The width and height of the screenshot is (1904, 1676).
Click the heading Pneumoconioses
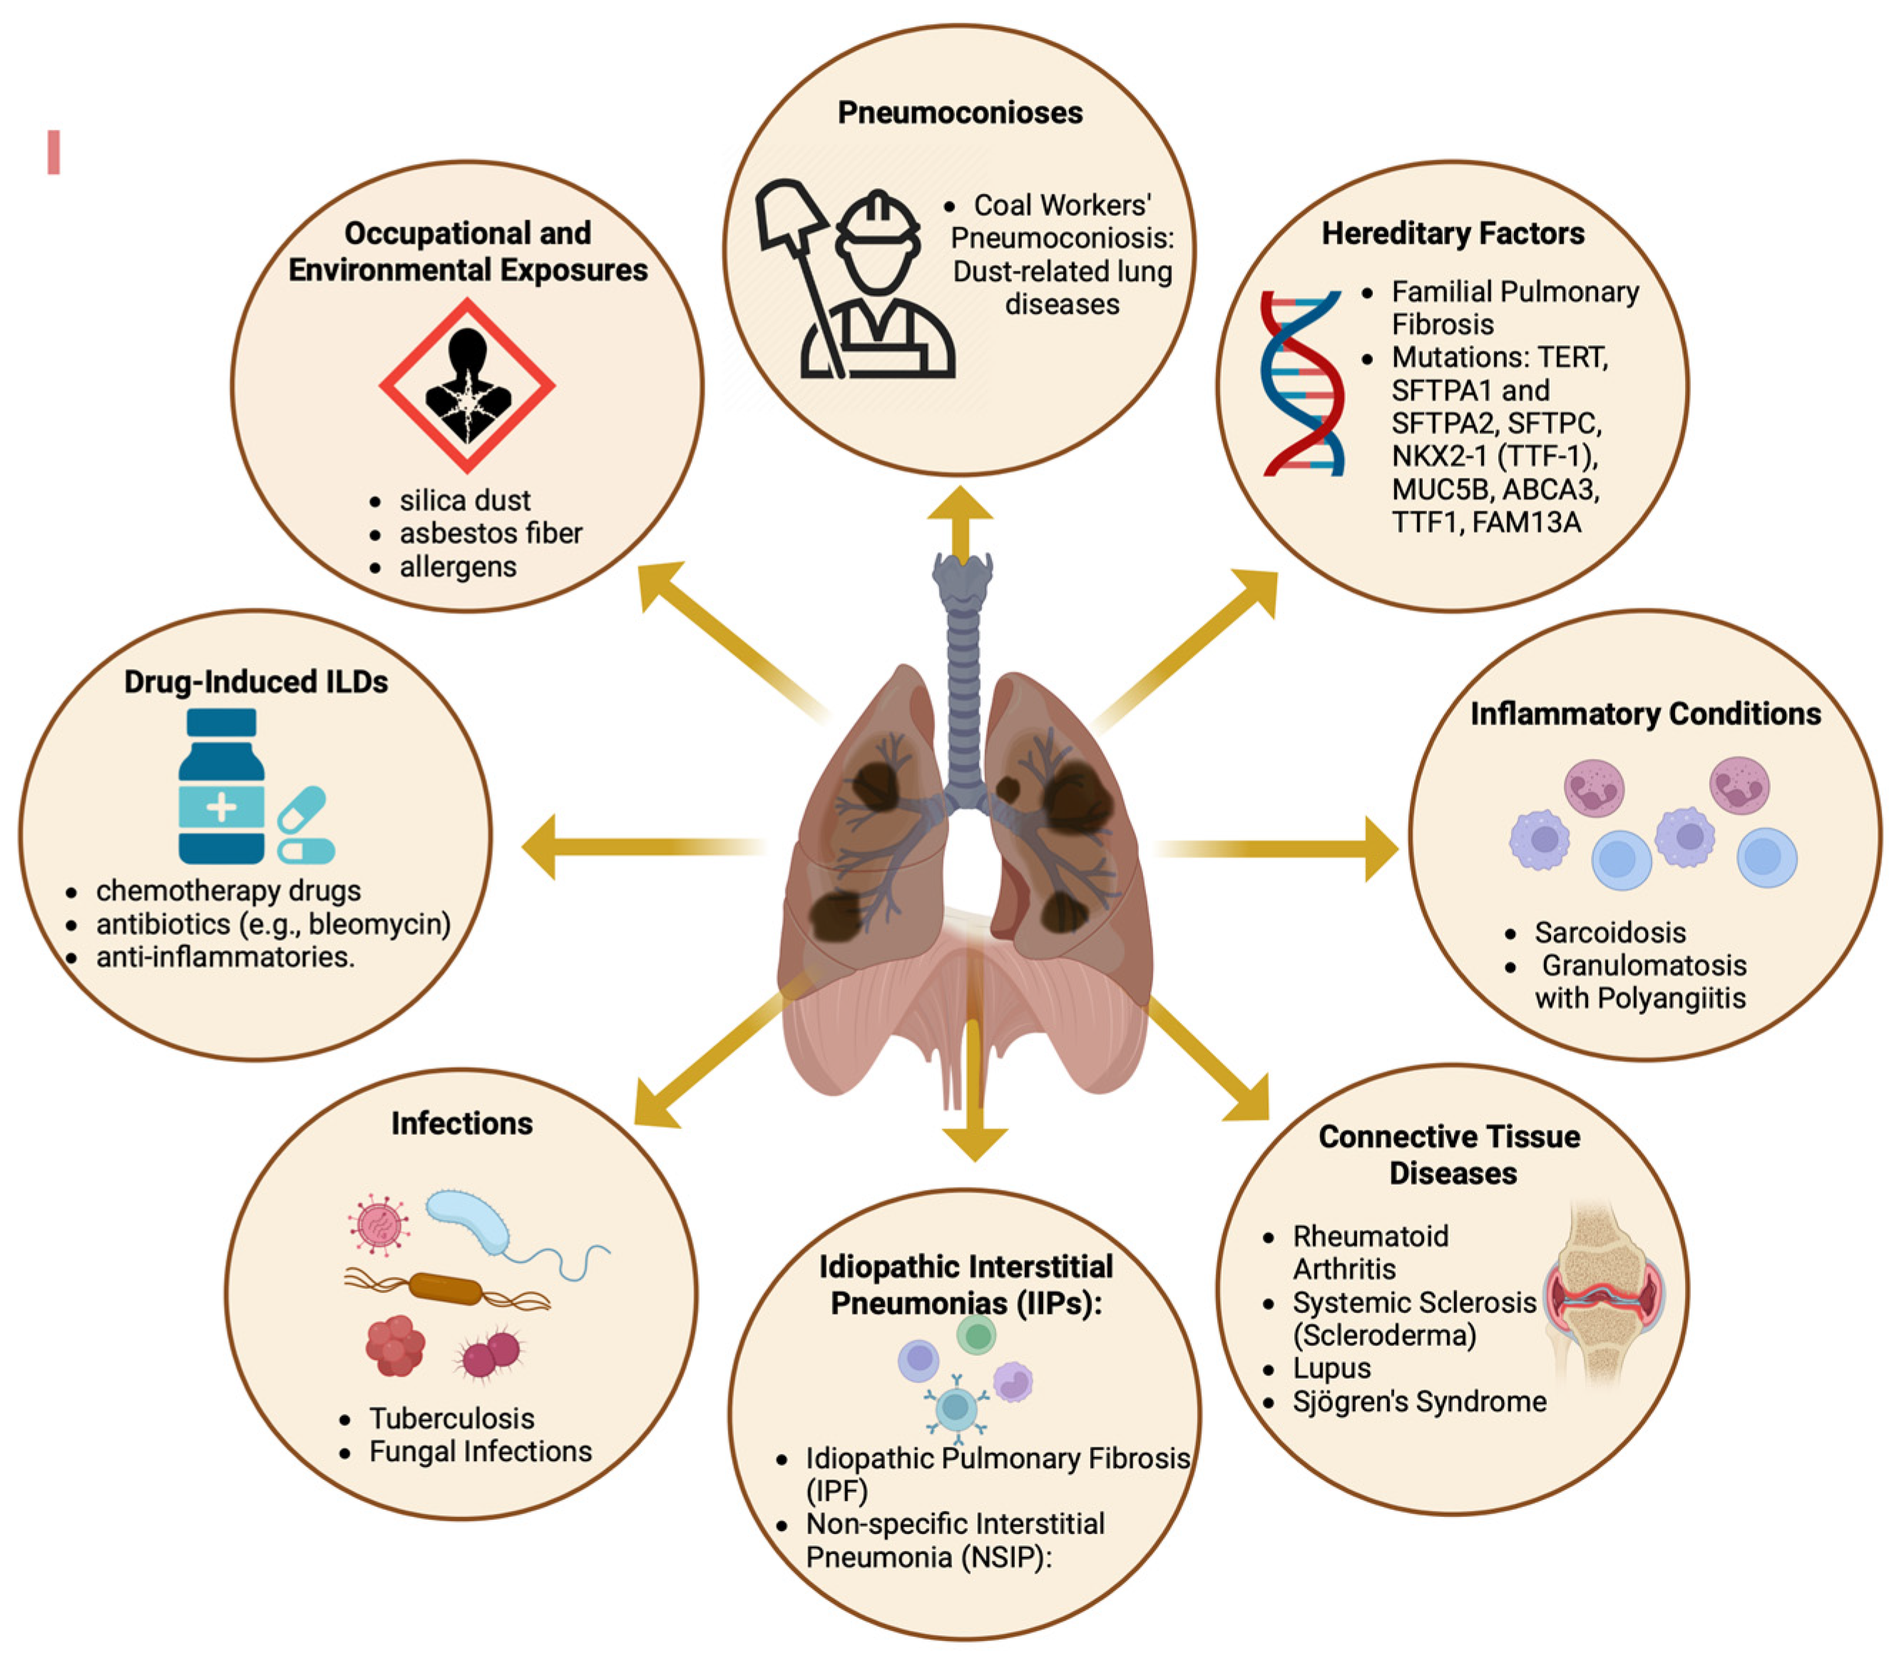959,113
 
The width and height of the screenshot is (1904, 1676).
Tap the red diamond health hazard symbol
466,384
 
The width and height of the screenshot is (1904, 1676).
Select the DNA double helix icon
1301,384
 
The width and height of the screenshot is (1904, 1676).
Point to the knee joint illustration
1603,1296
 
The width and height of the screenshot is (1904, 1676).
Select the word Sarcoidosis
1609,933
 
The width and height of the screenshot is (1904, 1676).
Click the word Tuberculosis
452,1418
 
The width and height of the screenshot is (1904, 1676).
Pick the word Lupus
1331,1368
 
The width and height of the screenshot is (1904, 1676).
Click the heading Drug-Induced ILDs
256,682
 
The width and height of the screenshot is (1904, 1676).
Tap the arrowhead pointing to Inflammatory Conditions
1381,848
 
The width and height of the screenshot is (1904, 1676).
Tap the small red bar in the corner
54,152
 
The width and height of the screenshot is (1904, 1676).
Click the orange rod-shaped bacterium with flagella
445,1289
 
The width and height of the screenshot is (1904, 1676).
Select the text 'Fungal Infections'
480,1451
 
